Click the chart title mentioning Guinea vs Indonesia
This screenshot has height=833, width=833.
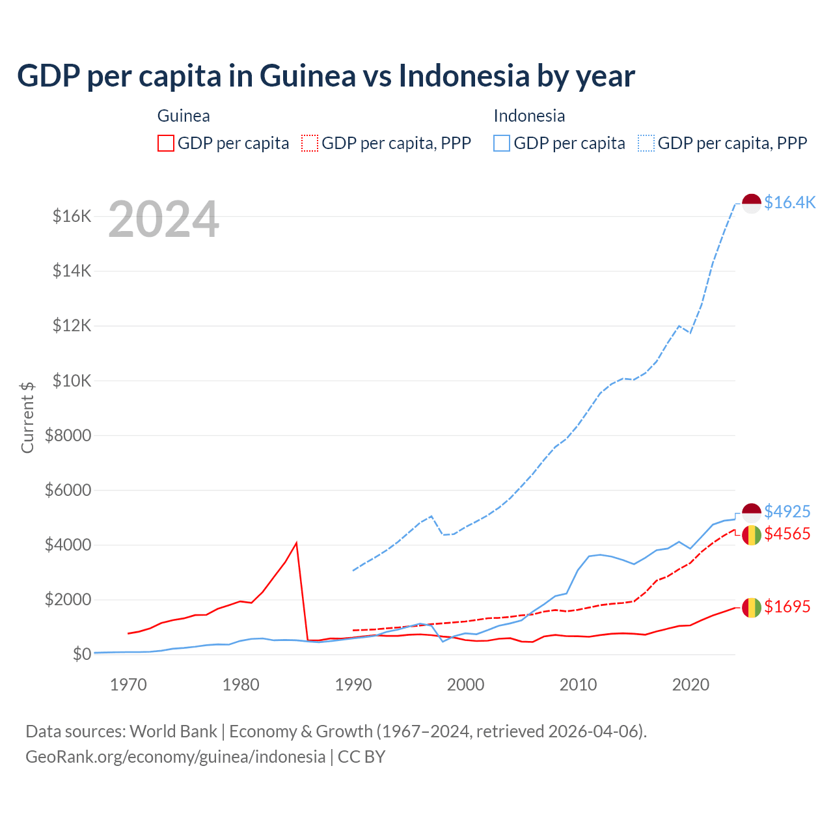pyautogui.click(x=325, y=76)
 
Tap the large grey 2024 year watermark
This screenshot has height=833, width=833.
pyautogui.click(x=163, y=220)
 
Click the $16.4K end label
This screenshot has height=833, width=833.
pyautogui.click(x=789, y=202)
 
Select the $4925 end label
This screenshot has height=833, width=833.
pyautogui.click(x=787, y=512)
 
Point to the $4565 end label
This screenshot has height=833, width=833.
pyautogui.click(x=787, y=534)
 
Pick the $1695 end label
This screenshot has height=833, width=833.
pyautogui.click(x=787, y=607)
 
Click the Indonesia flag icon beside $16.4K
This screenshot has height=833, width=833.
pyautogui.click(x=752, y=203)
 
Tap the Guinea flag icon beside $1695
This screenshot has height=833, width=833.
pyautogui.click(x=752, y=608)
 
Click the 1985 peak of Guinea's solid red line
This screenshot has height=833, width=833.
pyautogui.click(x=297, y=543)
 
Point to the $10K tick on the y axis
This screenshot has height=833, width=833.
pyautogui.click(x=72, y=381)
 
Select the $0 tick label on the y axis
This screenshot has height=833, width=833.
pyautogui.click(x=81, y=654)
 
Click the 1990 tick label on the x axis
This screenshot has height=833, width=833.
pyautogui.click(x=353, y=685)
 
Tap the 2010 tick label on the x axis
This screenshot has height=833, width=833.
pyautogui.click(x=578, y=685)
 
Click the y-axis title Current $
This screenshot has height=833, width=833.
pyautogui.click(x=27, y=417)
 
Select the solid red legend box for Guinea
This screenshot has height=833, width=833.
pyautogui.click(x=166, y=143)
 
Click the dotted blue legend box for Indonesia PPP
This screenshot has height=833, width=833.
pyautogui.click(x=646, y=143)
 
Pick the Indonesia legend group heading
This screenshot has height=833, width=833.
pyautogui.click(x=529, y=116)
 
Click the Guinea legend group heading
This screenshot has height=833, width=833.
pyautogui.click(x=184, y=116)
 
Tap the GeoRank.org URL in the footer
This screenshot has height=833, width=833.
pyautogui.click(x=175, y=757)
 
